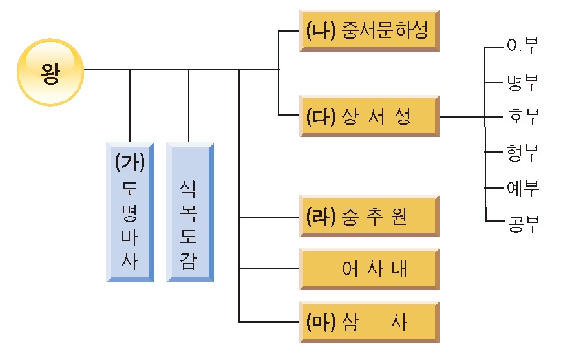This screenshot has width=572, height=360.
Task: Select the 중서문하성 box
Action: tap(369, 30)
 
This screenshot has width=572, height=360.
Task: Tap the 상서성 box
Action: tap(369, 117)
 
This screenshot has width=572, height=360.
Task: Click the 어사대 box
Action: tap(369, 268)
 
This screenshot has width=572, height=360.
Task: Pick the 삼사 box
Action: tap(369, 322)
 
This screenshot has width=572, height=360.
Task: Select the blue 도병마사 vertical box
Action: tap(130, 212)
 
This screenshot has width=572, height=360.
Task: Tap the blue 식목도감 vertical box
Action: tap(189, 212)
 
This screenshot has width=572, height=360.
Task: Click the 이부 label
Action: tap(523, 47)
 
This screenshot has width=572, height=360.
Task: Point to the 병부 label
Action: tap(523, 82)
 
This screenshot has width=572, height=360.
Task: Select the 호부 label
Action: tap(523, 118)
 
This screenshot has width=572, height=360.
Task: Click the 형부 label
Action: tap(523, 154)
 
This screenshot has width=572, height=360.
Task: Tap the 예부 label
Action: tap(523, 189)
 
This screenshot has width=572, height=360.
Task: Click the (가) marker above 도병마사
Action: tap(129, 162)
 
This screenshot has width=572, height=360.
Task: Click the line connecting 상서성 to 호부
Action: tap(461, 117)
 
